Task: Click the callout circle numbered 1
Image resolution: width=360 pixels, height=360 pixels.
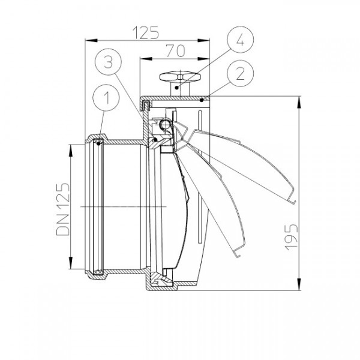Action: point(106,98)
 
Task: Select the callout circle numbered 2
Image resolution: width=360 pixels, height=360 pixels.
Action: point(241,73)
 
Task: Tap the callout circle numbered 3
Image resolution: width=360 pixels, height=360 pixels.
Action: point(108,62)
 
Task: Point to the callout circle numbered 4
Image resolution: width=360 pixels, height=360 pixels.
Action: point(241,40)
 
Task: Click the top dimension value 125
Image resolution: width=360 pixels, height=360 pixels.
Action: point(146,32)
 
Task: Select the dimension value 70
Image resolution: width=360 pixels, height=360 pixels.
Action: point(176,51)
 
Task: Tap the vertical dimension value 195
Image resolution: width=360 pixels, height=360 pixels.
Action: point(291,237)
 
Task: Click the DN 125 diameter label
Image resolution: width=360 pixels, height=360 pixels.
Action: point(62,209)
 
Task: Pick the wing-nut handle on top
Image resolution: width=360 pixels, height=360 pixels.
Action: point(180,77)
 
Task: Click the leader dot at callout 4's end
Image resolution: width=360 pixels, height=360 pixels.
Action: point(176,88)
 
